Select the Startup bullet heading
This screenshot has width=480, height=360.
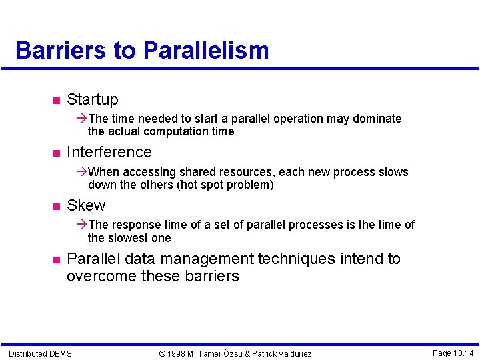point(92,100)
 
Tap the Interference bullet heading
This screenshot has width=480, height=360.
point(109,153)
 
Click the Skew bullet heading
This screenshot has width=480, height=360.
point(86,205)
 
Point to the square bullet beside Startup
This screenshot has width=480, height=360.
point(56,101)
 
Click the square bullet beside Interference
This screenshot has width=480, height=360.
point(56,153)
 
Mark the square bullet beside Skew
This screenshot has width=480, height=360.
point(56,206)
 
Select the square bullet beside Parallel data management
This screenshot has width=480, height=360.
point(56,259)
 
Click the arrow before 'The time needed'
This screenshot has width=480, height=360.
point(82,119)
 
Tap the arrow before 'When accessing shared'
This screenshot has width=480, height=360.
point(82,172)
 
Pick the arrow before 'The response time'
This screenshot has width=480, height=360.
point(82,225)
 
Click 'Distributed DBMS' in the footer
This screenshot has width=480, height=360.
point(40,353)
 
